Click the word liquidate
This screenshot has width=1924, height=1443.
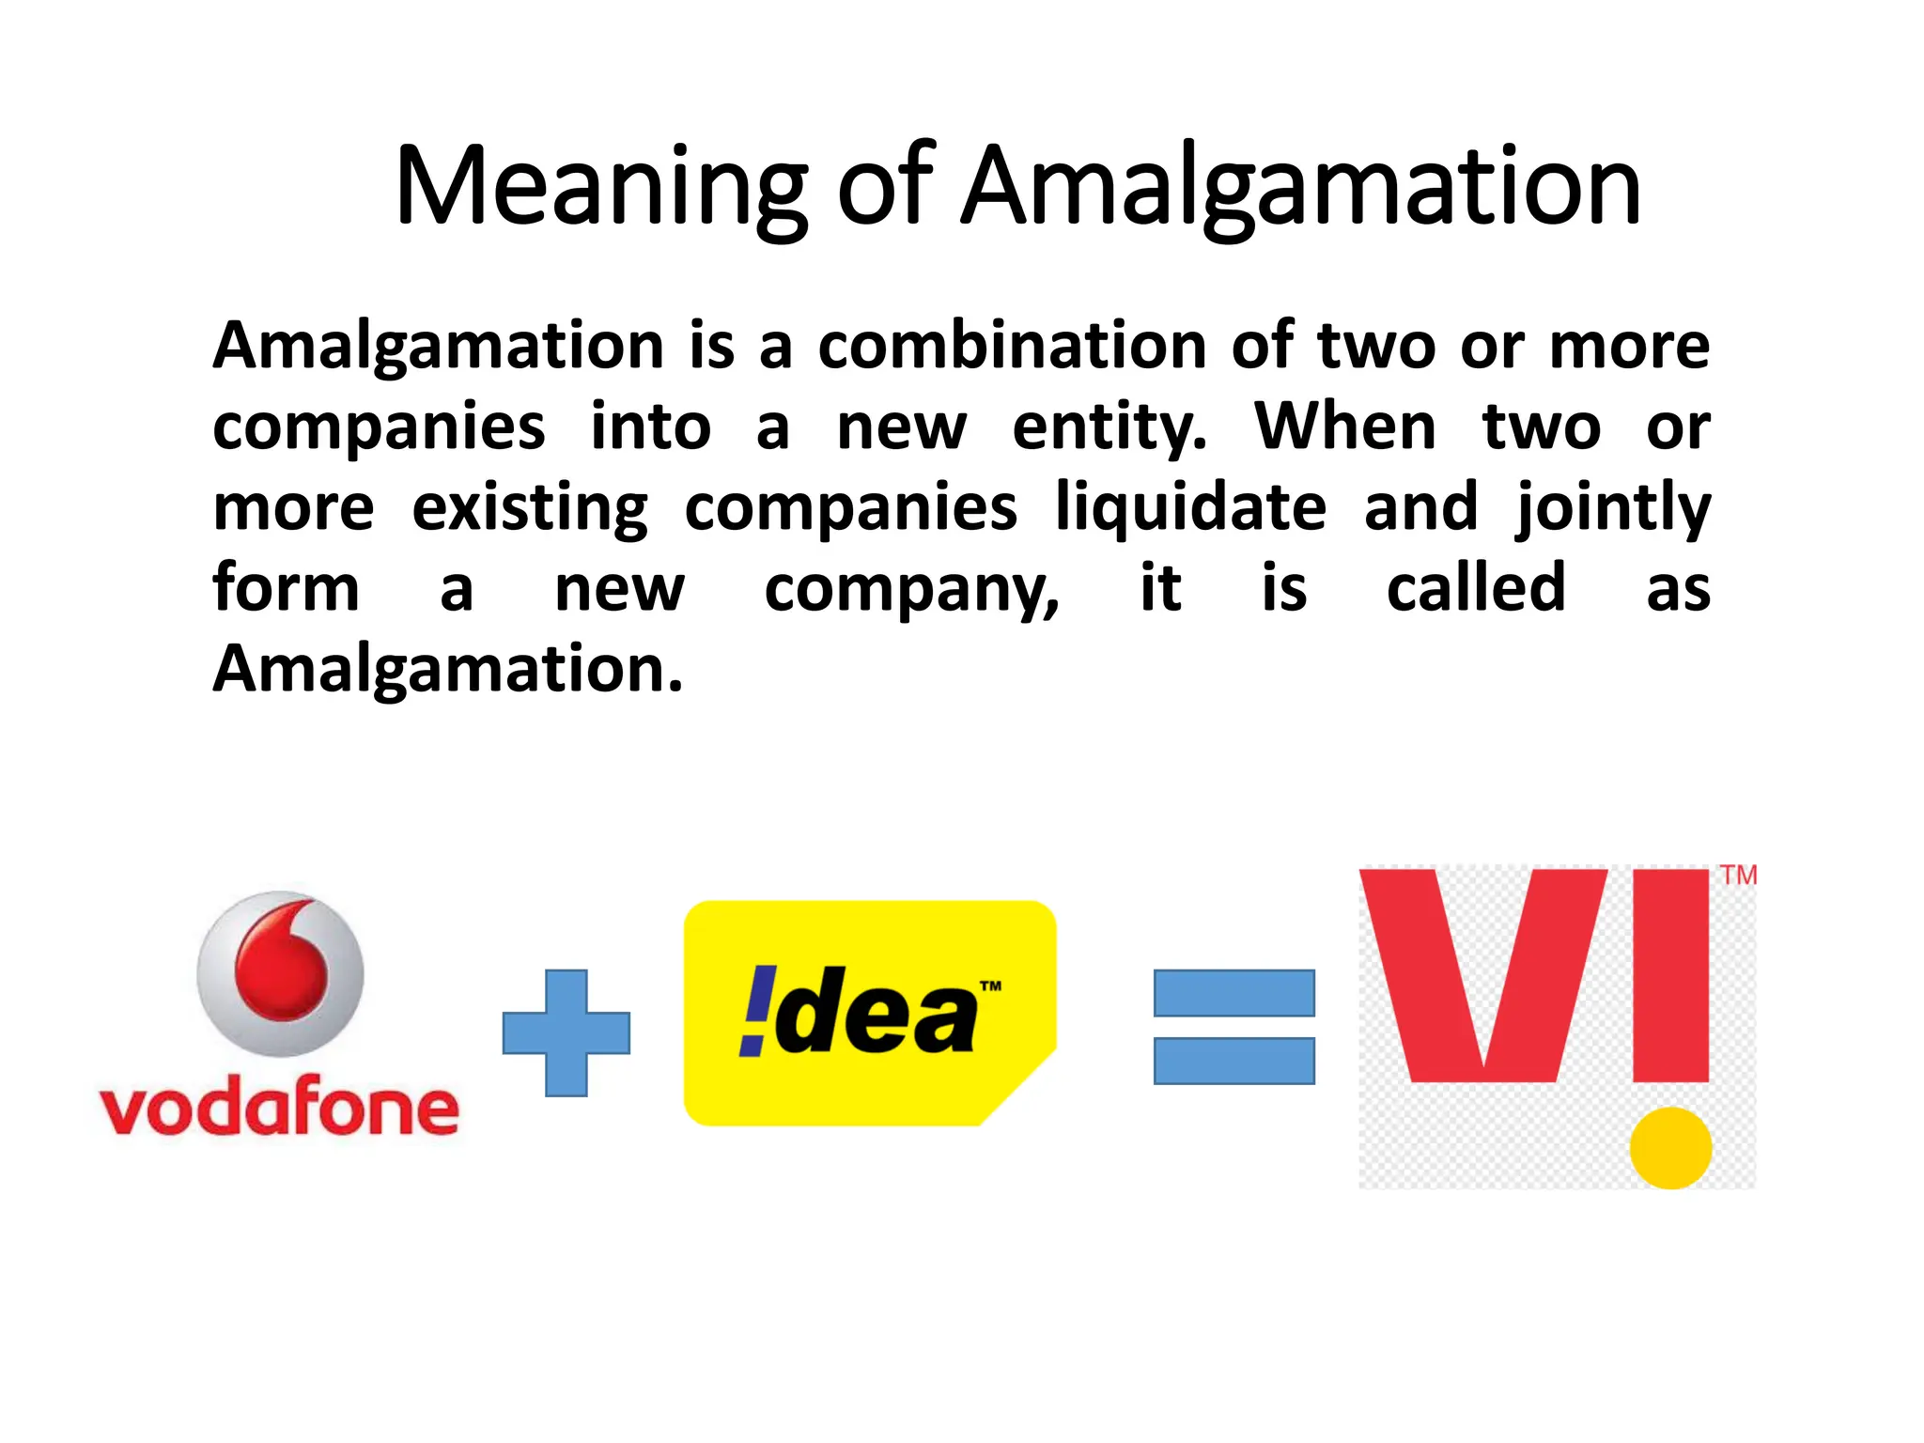point(1190,507)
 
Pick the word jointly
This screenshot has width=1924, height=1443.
point(1612,507)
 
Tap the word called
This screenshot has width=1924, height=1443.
point(1476,588)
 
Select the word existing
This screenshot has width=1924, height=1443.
point(530,507)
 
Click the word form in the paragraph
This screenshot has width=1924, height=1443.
point(286,588)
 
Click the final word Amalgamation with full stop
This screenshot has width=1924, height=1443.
point(447,669)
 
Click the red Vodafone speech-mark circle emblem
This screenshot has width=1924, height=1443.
point(280,973)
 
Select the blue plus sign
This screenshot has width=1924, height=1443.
point(566,1032)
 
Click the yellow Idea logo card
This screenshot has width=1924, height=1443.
point(870,1013)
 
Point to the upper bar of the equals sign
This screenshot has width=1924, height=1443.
point(1234,993)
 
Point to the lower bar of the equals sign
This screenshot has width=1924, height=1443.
point(1234,1061)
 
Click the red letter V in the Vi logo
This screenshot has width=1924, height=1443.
point(1482,968)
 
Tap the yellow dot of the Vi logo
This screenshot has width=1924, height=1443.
point(1669,1147)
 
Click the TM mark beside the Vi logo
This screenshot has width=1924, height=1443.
point(1738,876)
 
